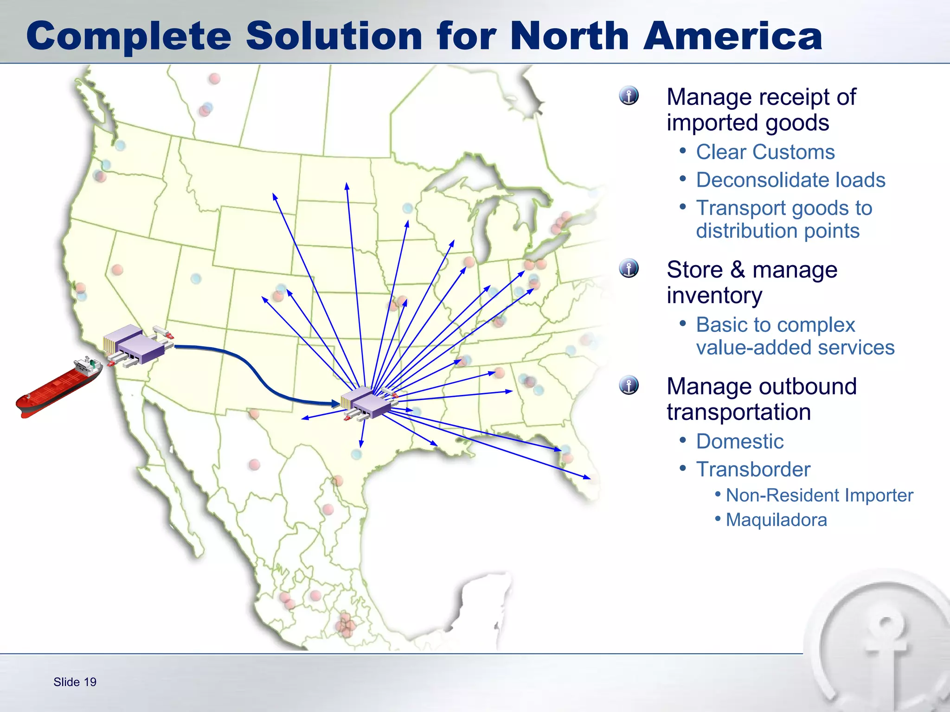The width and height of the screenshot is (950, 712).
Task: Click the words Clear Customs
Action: [x=765, y=152]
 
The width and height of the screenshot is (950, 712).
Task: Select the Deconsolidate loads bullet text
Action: [x=790, y=180]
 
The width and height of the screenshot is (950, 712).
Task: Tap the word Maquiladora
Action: [x=776, y=520]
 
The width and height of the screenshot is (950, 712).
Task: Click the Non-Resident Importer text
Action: [x=819, y=495]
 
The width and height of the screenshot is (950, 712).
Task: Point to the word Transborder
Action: [x=753, y=469]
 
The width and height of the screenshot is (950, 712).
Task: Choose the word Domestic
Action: [x=740, y=441]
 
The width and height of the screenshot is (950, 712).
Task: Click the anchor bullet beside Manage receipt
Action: [x=629, y=96]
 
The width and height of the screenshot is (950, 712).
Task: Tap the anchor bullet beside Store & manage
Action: [x=629, y=268]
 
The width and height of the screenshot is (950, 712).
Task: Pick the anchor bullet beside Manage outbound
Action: [x=629, y=385]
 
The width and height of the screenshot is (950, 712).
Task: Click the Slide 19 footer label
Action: [x=75, y=682]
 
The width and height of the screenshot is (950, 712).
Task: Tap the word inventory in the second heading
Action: [x=714, y=295]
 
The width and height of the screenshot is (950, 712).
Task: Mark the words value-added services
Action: [x=795, y=347]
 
